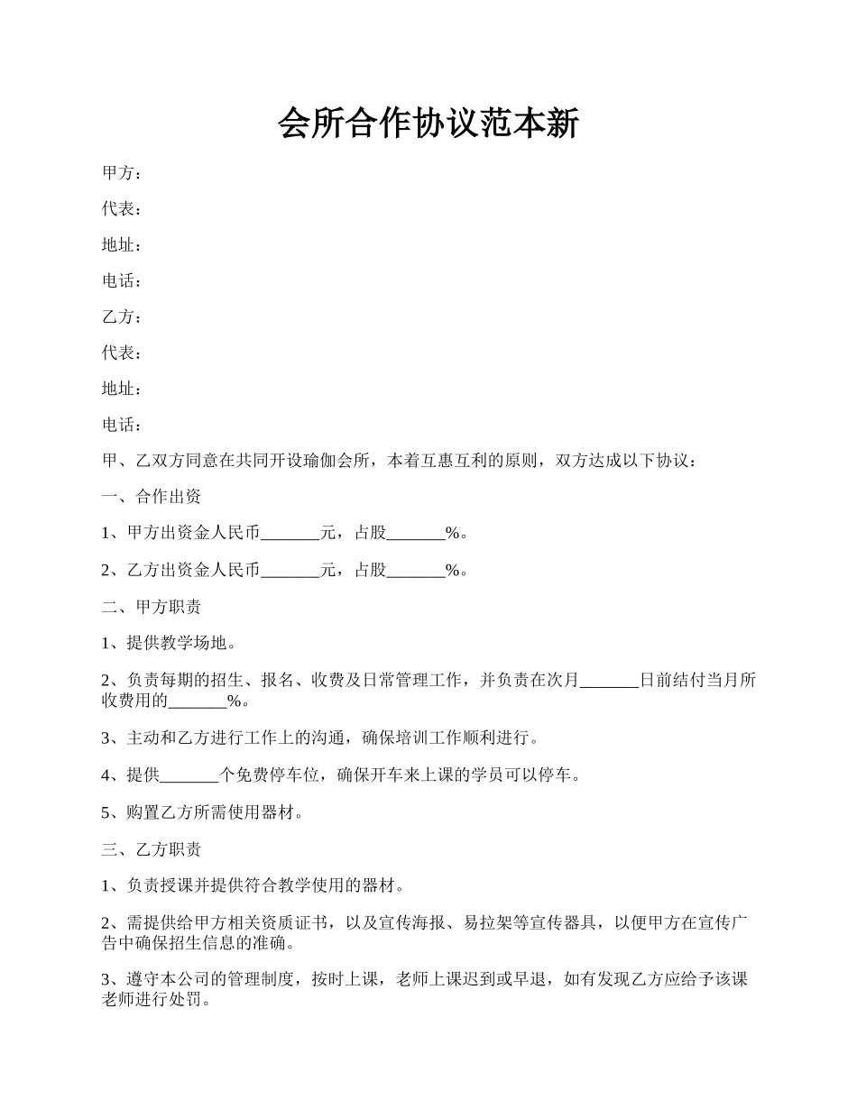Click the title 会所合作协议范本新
[x=428, y=124]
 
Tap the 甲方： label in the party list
[x=121, y=172]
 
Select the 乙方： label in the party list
[x=121, y=316]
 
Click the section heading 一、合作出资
[x=151, y=497]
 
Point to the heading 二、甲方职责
[x=151, y=607]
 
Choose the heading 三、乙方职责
[x=151, y=849]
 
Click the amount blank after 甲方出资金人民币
[x=290, y=534]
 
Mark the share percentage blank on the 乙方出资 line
[x=416, y=570]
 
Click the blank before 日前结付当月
[x=609, y=681]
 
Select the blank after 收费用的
[x=198, y=701]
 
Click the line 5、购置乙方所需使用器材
[x=202, y=812]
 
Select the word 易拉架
[x=487, y=922]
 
